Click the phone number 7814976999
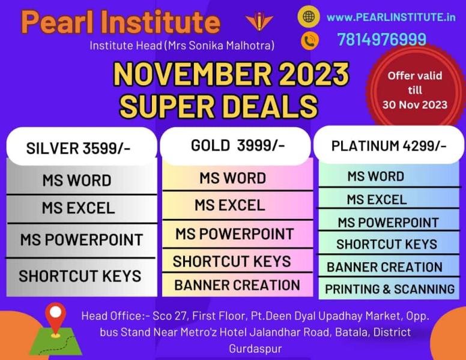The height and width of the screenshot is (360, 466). point(381,39)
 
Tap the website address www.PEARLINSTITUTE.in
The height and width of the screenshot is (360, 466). point(391,17)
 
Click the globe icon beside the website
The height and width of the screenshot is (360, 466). point(309,16)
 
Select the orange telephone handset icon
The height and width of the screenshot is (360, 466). point(310,40)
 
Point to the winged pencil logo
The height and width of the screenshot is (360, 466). point(259,21)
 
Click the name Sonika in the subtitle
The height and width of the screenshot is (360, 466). point(206,46)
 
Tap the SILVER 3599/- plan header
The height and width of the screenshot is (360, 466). point(78,148)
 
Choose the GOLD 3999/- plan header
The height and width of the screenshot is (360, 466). point(238,146)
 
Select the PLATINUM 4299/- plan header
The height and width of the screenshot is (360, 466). point(389,146)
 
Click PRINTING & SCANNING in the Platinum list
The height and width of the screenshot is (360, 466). point(390,289)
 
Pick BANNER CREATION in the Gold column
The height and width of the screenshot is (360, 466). point(237,285)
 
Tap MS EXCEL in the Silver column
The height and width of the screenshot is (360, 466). point(78,208)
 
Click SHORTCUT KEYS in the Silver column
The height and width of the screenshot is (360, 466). point(80,276)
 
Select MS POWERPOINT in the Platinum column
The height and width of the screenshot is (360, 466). point(388,223)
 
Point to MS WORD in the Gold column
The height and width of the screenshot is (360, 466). point(233,178)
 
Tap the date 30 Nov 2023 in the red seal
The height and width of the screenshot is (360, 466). point(414,105)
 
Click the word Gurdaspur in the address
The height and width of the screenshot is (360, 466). point(255,349)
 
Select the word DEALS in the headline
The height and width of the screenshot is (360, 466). point(265,106)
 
